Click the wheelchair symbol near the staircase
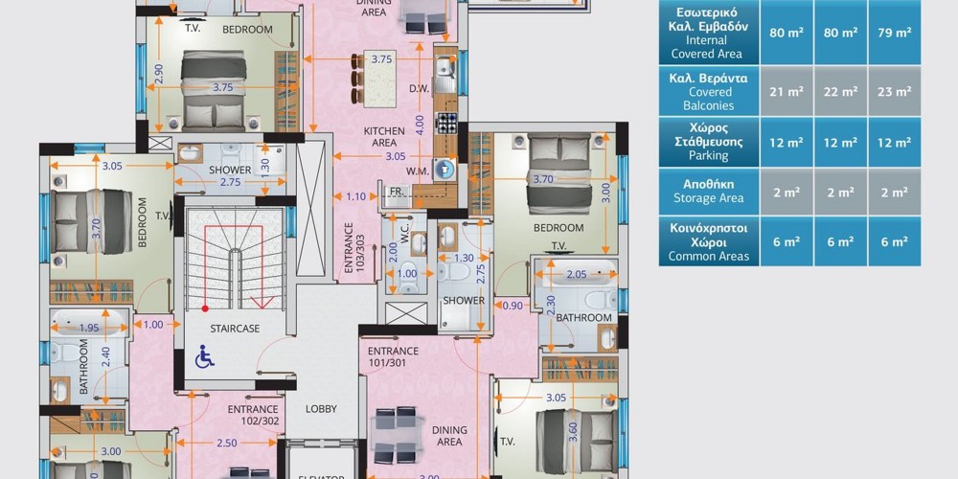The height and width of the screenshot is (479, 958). pos(205,356)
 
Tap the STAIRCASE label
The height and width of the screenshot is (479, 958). pos(235,329)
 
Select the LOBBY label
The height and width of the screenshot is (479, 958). pos(321,409)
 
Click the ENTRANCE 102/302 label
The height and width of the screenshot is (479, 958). pos(252,415)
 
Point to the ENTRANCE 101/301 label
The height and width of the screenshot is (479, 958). pos(393,356)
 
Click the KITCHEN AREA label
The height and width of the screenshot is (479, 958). pos(384,137)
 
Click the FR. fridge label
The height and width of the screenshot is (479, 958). pos(398,192)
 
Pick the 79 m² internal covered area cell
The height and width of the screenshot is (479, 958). pos(894,33)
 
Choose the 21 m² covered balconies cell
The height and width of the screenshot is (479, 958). pos(787,92)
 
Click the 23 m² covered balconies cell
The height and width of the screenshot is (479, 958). pos(894,92)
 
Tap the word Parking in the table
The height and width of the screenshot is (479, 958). pos(709,156)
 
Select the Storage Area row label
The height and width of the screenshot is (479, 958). pos(709,198)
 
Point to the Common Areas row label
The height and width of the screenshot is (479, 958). pos(709,256)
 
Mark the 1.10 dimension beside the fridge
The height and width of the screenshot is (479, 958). pos(355,196)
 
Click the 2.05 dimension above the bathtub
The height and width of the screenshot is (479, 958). pos(576,274)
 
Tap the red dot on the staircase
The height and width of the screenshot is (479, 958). pos(205,308)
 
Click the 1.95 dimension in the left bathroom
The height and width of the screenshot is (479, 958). pos(89,328)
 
